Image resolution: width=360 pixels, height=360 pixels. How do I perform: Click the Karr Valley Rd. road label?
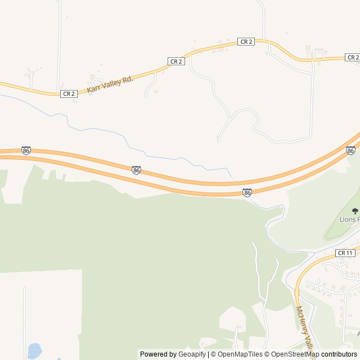click(110, 84)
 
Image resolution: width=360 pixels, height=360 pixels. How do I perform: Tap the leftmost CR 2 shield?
click(69, 93)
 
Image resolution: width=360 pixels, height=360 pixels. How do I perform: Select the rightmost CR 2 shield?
click(353, 57)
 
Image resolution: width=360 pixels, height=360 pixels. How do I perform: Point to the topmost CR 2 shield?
click(246, 42)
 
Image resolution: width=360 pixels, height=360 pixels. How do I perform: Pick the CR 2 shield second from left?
click(176, 61)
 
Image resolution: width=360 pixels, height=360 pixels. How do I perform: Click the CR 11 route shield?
click(345, 253)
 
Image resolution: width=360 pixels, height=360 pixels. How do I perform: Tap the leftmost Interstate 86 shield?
click(26, 150)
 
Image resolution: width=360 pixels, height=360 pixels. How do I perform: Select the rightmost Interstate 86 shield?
click(350, 150)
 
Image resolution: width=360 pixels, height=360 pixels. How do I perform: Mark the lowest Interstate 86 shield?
click(247, 193)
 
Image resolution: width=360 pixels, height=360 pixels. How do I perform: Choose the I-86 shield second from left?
click(136, 170)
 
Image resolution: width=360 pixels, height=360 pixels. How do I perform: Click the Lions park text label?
click(349, 219)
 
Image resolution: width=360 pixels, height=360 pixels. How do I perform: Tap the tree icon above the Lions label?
click(354, 210)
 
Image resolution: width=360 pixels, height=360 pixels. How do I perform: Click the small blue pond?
click(34, 351)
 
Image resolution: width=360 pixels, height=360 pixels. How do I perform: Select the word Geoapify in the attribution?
click(192, 354)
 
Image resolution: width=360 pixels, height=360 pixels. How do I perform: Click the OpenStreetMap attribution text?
click(293, 354)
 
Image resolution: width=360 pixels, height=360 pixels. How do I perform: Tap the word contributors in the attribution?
click(339, 354)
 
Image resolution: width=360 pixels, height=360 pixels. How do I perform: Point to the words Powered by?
click(157, 354)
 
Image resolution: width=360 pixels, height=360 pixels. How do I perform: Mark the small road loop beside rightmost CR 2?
click(318, 54)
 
